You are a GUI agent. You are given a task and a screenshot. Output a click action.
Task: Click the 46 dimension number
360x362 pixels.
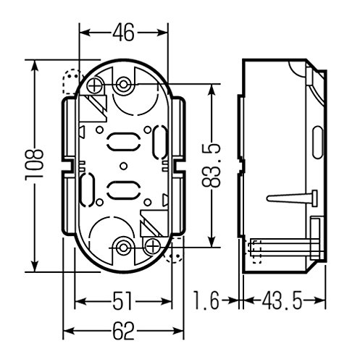(x=123, y=33)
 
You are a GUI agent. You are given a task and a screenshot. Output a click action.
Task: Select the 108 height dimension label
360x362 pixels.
(x=34, y=164)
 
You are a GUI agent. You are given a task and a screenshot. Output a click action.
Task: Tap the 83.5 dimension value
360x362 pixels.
(x=212, y=166)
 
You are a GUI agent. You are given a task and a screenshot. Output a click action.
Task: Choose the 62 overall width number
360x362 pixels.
(x=123, y=331)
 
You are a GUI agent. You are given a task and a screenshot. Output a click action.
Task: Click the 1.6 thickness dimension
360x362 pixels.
(x=206, y=301)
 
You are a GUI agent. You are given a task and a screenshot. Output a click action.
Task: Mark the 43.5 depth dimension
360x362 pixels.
(x=282, y=301)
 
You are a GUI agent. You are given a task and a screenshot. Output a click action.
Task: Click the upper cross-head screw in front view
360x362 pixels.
(x=94, y=85)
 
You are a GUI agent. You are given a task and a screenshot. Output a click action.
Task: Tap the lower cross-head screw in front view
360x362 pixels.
(x=153, y=246)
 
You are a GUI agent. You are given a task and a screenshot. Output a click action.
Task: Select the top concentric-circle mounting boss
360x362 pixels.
(x=123, y=85)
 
